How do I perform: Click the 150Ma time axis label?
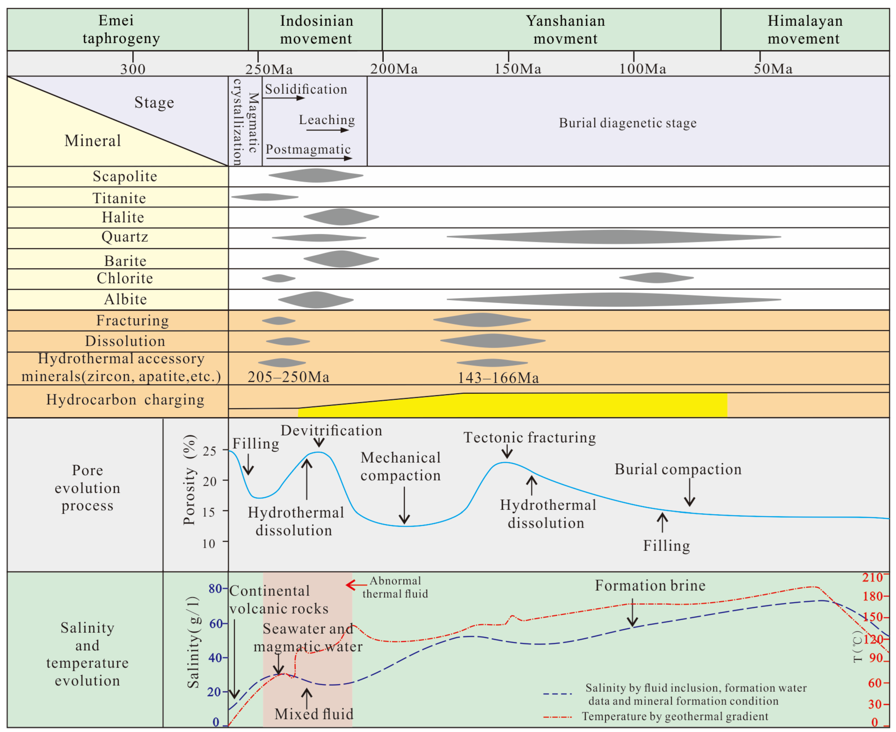click(x=517, y=69)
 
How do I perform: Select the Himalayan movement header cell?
click(x=805, y=30)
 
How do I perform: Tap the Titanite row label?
click(x=119, y=198)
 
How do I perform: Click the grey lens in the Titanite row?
click(x=264, y=197)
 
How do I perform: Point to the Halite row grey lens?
click(x=341, y=217)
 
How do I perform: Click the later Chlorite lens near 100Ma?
click(x=656, y=278)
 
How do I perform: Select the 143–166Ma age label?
click(x=498, y=377)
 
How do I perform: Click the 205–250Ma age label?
click(x=288, y=377)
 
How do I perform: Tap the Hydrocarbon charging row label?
click(x=125, y=399)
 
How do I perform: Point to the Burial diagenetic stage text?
click(x=627, y=123)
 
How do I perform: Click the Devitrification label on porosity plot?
click(x=331, y=430)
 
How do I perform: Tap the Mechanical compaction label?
click(x=400, y=466)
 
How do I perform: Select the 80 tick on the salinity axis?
click(x=215, y=588)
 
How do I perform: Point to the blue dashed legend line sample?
click(x=557, y=694)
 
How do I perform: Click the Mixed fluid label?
click(x=314, y=714)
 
